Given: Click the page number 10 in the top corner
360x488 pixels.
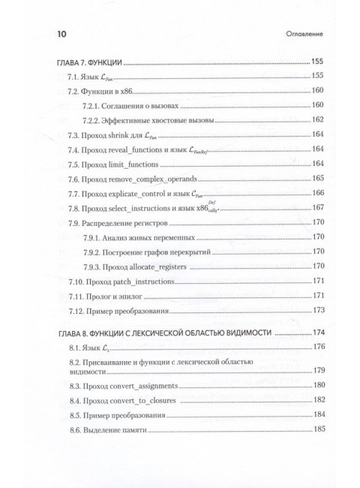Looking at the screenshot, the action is click(54, 33).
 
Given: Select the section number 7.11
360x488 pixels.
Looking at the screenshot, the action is click(75, 295).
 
